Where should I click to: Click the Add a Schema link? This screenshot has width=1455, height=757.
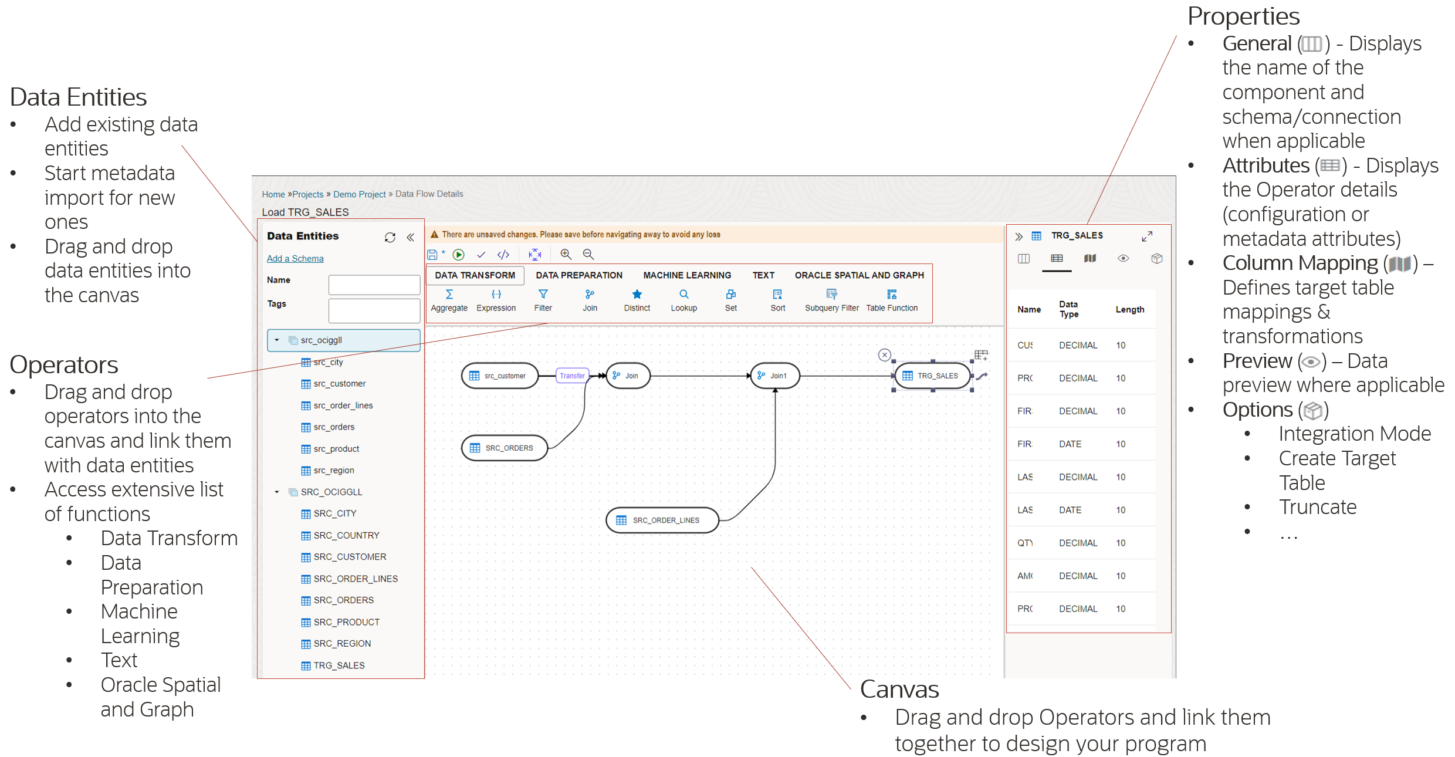[x=295, y=258]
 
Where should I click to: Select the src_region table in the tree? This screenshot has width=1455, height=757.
[x=333, y=471]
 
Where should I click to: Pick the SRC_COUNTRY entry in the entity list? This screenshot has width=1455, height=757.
[x=346, y=535]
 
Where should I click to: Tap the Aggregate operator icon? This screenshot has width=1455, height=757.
[x=449, y=295]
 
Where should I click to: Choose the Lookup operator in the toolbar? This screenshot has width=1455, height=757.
[x=683, y=295]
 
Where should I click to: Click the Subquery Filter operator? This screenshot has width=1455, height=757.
[x=831, y=295]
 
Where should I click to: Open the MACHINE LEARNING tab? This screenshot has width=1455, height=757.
[x=687, y=275]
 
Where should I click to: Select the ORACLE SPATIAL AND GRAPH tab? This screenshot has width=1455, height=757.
[x=859, y=275]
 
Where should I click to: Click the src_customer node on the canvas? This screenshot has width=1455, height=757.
[x=500, y=376]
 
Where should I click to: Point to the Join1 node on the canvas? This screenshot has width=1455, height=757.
[x=775, y=376]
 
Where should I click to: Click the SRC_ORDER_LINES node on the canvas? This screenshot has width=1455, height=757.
[x=662, y=520]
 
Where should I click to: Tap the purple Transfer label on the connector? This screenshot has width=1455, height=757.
[x=572, y=376]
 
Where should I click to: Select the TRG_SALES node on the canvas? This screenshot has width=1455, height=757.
[x=933, y=376]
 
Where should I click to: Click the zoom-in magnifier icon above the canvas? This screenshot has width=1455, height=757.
[x=566, y=254]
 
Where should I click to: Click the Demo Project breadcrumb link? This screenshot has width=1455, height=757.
[x=359, y=194]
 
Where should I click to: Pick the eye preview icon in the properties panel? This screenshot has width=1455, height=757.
[x=1123, y=258]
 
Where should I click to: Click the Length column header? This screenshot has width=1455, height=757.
[x=1129, y=309]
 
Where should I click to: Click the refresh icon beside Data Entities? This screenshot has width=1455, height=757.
[x=390, y=237]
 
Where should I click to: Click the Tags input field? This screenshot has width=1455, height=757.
[x=374, y=310]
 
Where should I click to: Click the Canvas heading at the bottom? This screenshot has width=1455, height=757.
[x=899, y=690]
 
